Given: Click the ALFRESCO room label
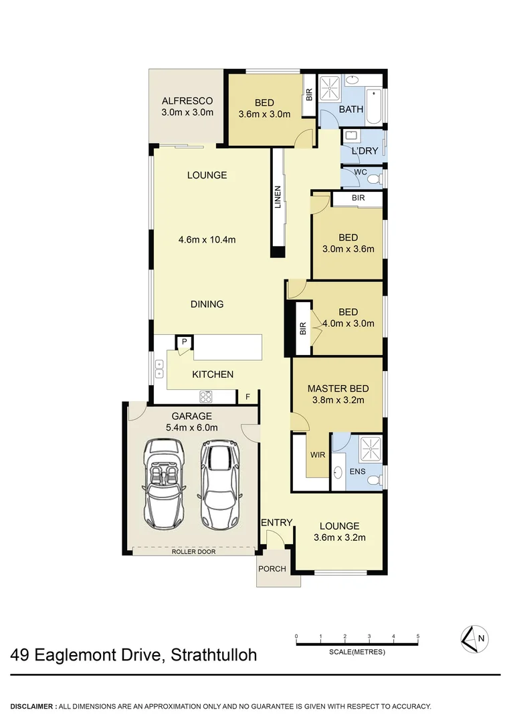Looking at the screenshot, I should click(x=187, y=101).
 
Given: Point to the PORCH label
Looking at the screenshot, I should click(x=272, y=569).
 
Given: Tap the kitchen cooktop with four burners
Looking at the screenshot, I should click(x=205, y=396).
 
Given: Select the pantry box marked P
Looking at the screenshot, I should click(x=185, y=342).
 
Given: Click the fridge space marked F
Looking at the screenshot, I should click(x=247, y=397).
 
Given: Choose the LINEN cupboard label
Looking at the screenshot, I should click(x=278, y=197).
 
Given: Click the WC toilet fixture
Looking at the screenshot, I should click(x=376, y=178).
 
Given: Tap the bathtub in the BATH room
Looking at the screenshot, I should click(x=374, y=106).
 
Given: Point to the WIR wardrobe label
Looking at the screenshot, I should click(x=317, y=454).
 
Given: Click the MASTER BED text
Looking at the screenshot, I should click(x=338, y=388).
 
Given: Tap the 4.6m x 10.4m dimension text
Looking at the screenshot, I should click(x=207, y=239).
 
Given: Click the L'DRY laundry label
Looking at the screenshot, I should click(x=365, y=151).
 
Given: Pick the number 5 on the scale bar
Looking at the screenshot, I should click(x=418, y=636).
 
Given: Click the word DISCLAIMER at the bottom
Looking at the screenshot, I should click(x=32, y=706).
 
